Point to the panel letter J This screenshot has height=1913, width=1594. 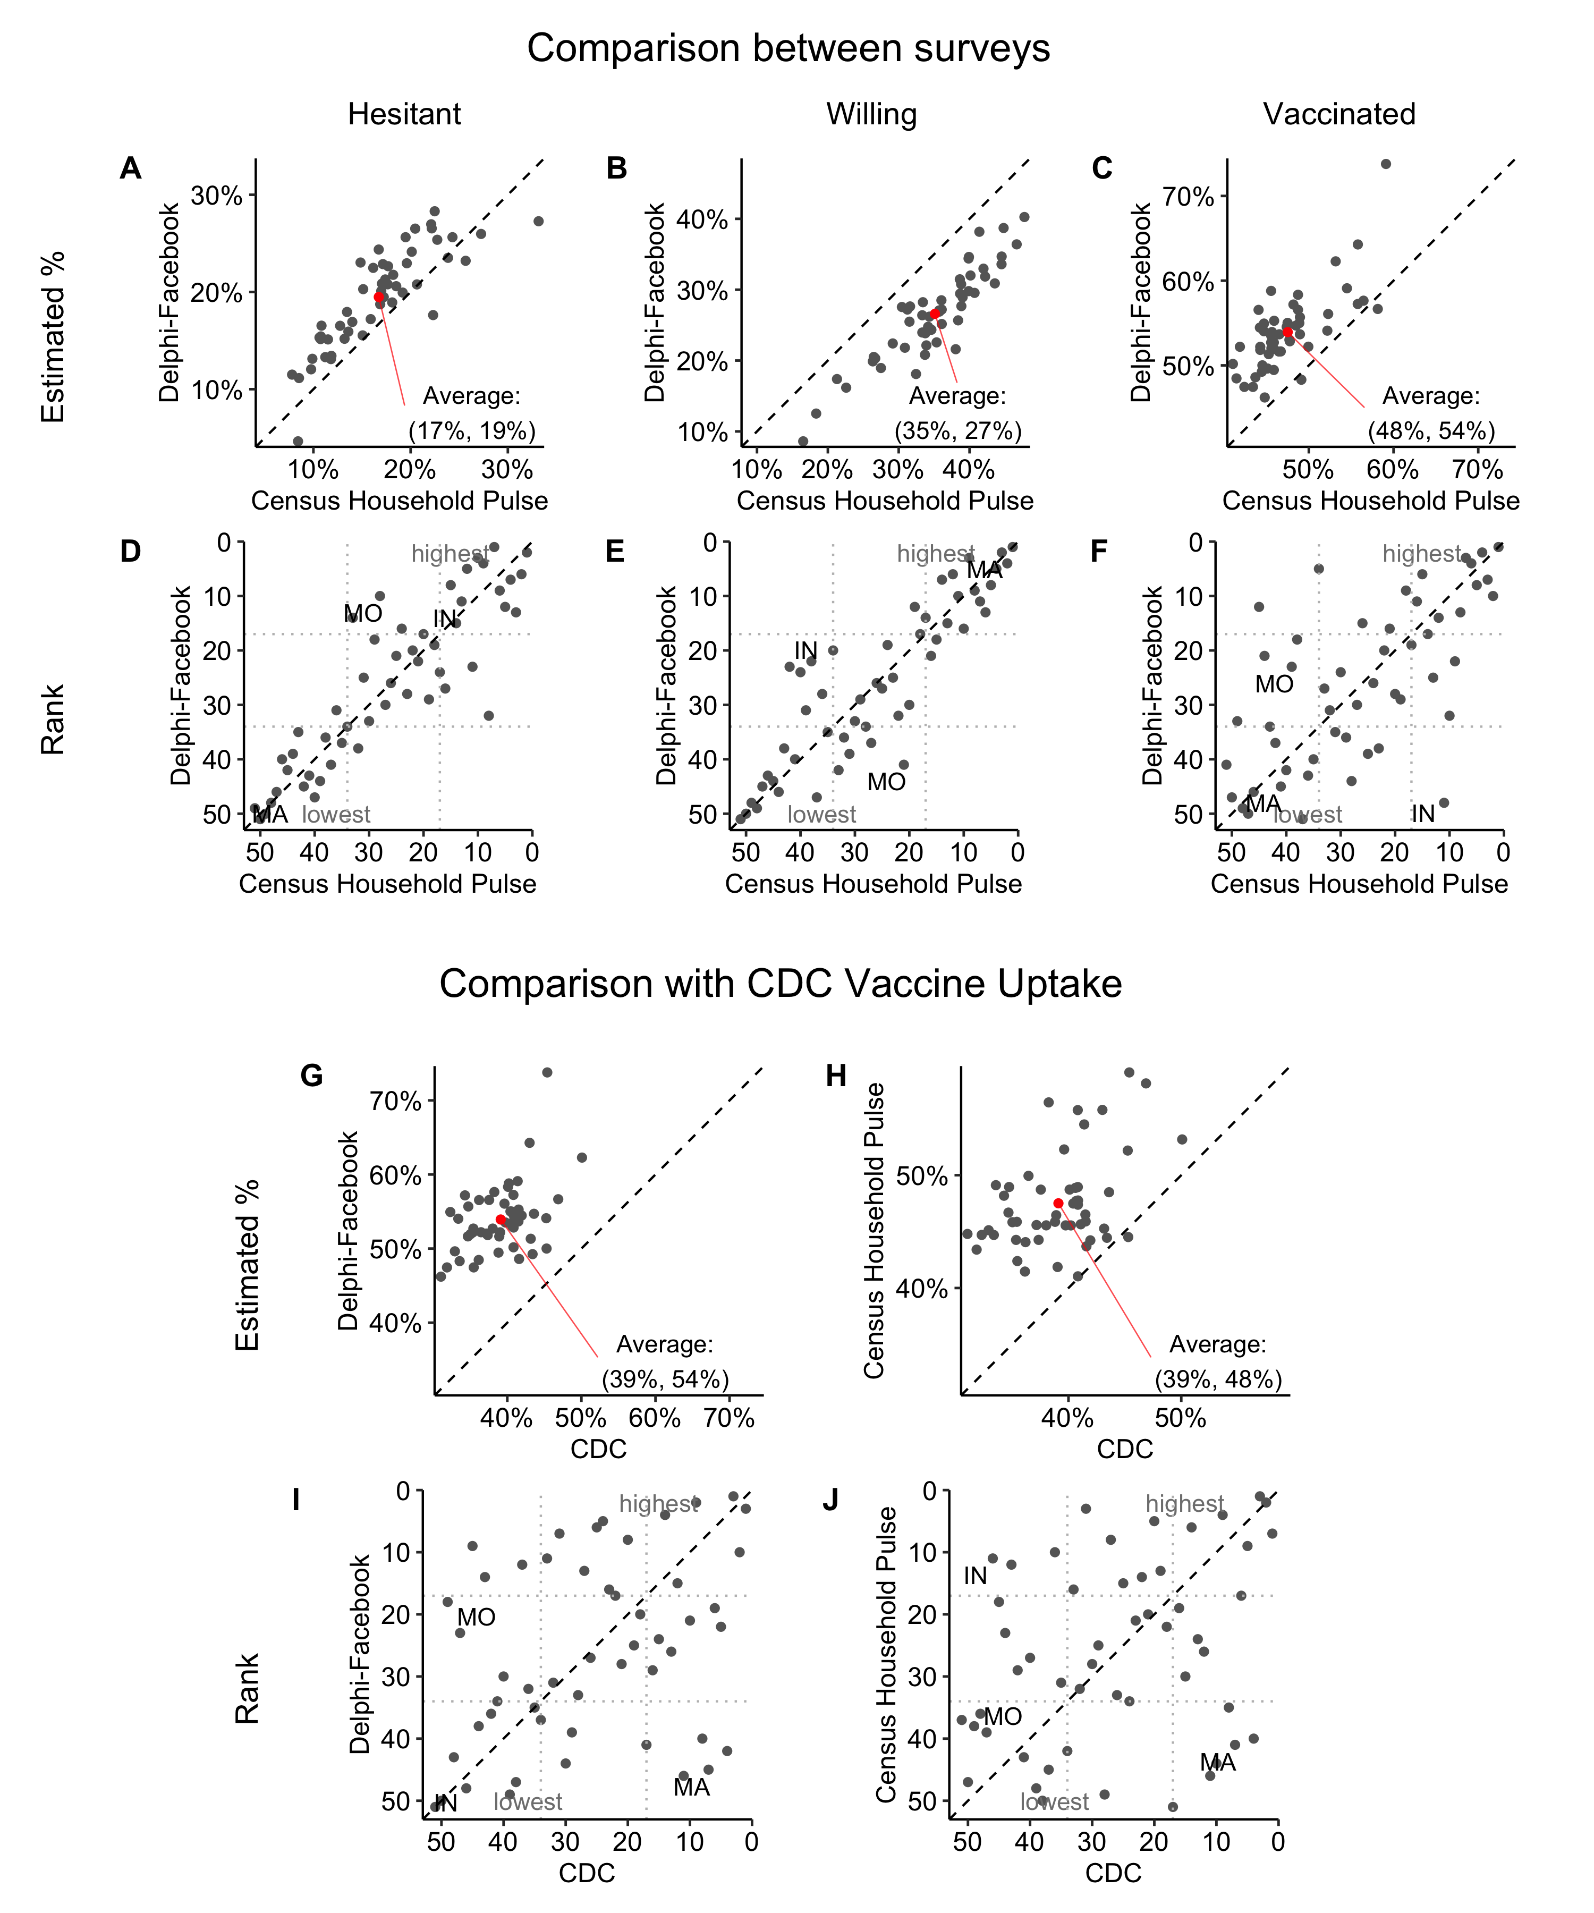coord(830,1500)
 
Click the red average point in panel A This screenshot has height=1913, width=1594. coord(379,297)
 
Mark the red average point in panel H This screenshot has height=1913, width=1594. coord(1058,1204)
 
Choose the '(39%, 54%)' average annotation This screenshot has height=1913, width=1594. coord(665,1378)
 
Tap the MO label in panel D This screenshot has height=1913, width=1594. coord(362,614)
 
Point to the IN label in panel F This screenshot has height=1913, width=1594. coord(1423,814)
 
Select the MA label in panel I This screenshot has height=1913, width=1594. coord(691,1787)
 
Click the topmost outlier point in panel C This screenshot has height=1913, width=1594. coord(1385,164)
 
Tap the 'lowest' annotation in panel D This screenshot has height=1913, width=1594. coord(336,815)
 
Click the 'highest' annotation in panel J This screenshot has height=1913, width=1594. coord(1184,1504)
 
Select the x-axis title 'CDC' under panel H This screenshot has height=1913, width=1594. coord(1124,1449)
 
